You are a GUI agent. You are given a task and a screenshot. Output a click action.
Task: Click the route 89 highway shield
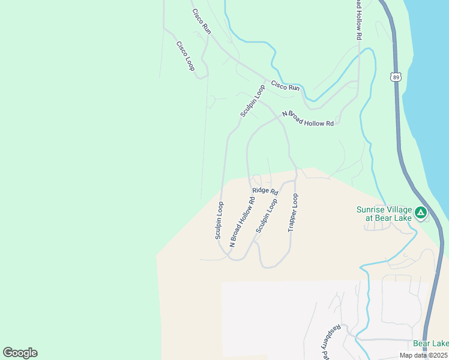pyautogui.click(x=394, y=76)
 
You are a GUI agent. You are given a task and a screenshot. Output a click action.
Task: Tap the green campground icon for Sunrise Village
pyautogui.click(x=421, y=212)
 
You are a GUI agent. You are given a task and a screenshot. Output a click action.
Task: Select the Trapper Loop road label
pyautogui.click(x=293, y=213)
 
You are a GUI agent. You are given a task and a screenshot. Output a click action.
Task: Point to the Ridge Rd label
pyautogui.click(x=265, y=191)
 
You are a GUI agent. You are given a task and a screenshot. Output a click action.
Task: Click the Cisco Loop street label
pyautogui.click(x=185, y=56)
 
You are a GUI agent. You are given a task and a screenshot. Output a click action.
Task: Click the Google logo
pyautogui.click(x=20, y=353)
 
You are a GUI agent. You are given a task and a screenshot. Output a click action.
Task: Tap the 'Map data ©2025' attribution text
pyautogui.click(x=423, y=355)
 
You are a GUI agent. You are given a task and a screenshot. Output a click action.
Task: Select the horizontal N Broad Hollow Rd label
pyautogui.click(x=307, y=118)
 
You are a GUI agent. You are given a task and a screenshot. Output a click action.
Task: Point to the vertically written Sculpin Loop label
pyautogui.click(x=220, y=220)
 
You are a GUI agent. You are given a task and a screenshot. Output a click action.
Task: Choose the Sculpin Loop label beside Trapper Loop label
pyautogui.click(x=267, y=216)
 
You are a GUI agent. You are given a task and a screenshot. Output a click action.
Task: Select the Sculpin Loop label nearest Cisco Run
pyautogui.click(x=253, y=101)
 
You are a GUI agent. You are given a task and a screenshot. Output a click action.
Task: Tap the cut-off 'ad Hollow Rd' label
pyautogui.click(x=358, y=20)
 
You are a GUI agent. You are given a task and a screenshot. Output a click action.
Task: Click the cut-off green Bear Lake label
pyautogui.click(x=430, y=343)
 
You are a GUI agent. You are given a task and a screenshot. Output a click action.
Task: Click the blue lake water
pyautogui.click(x=429, y=90)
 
